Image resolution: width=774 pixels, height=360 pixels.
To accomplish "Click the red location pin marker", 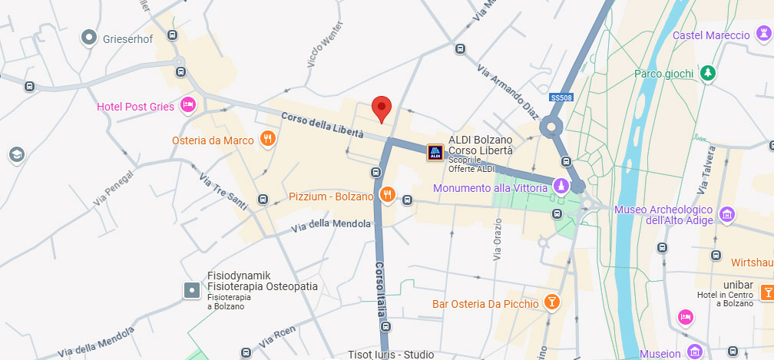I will [382, 109].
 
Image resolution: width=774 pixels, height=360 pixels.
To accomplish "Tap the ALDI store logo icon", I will [435, 153].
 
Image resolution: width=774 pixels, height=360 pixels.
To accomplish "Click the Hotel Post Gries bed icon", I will [187, 105].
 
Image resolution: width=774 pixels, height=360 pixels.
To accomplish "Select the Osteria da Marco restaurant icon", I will [267, 139].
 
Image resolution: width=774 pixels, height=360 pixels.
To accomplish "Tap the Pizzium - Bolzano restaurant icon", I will [386, 195].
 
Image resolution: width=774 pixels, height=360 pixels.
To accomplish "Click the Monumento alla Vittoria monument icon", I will [562, 187].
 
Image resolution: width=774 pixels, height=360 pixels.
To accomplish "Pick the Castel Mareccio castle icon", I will [763, 34].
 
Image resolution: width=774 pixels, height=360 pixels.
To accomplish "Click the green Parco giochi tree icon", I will [707, 73].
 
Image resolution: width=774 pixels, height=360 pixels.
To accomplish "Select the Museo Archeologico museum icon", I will [726, 214].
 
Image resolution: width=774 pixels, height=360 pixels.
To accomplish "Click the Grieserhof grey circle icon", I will [90, 36].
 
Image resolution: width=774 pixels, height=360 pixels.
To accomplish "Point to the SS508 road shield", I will [562, 97].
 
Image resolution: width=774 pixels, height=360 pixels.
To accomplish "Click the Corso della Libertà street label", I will [322, 126].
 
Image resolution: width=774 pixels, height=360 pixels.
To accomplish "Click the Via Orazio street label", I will [497, 237].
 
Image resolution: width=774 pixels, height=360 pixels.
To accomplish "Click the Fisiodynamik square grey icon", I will [191, 290].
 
